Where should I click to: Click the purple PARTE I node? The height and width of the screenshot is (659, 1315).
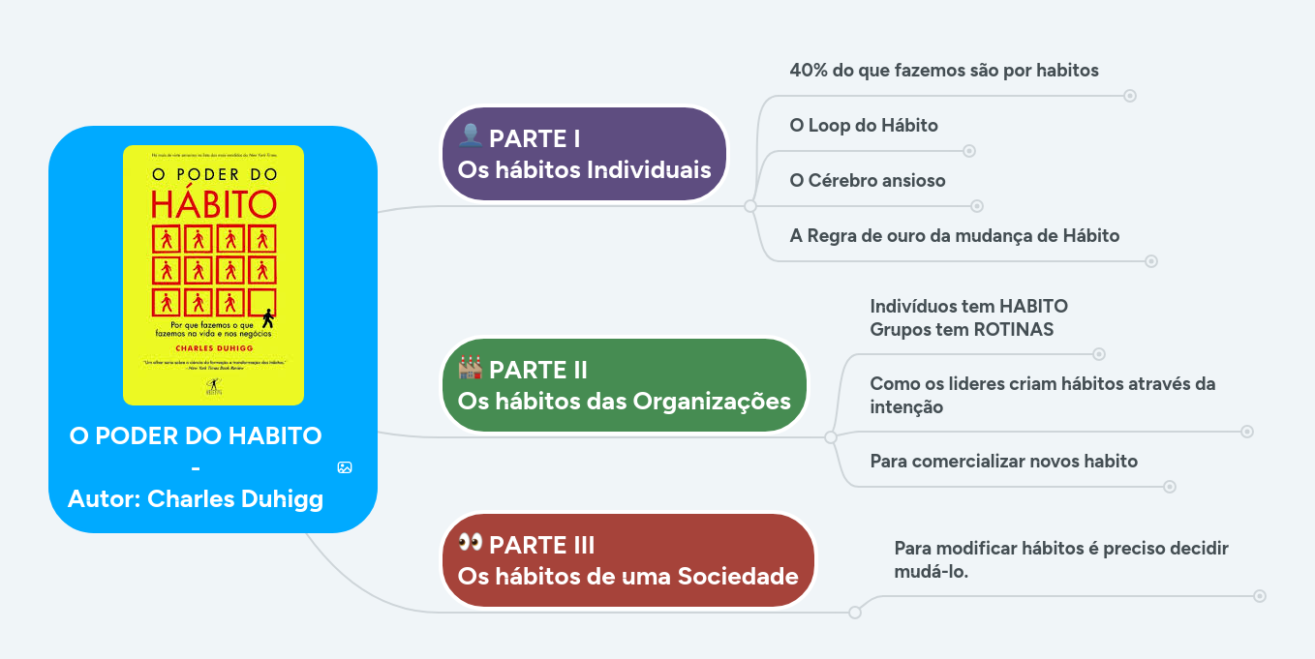point(584,154)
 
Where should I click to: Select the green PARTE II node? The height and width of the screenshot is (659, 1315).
point(624,384)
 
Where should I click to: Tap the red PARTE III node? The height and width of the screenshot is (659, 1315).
point(627,560)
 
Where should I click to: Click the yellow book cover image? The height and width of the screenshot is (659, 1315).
point(213,275)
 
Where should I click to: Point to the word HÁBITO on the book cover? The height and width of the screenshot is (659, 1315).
point(214,204)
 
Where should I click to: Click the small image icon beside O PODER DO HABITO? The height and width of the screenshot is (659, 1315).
point(345,467)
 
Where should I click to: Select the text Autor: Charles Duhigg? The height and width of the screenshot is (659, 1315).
point(196,499)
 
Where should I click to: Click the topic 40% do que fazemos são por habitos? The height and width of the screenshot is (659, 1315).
point(944,71)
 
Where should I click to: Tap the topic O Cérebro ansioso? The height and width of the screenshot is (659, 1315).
point(868,181)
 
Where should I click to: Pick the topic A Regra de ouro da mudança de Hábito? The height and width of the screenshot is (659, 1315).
point(955,236)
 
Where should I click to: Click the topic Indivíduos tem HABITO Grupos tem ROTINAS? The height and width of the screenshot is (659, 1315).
point(968,317)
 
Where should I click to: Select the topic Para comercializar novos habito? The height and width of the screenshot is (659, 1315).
point(1003,461)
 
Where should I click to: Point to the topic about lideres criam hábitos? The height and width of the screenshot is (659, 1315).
point(1042,395)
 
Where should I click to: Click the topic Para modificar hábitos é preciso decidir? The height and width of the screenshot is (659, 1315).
point(1060,559)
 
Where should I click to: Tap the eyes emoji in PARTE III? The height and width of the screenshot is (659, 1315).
point(471,542)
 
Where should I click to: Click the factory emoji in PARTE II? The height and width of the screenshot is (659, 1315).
point(471,368)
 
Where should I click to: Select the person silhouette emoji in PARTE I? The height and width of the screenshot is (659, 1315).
point(471,135)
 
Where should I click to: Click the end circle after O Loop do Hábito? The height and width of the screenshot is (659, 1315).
point(969,151)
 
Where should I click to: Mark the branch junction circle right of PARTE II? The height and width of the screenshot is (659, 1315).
point(831,437)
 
